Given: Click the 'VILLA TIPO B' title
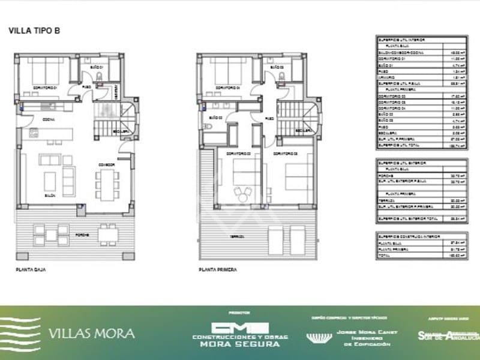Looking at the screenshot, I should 34,31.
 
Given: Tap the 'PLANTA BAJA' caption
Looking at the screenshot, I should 31,270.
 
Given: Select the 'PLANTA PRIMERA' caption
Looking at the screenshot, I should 218,270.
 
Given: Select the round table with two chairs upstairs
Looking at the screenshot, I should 243,193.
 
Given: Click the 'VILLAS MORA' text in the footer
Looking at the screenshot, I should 91,334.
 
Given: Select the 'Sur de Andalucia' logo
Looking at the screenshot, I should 447,335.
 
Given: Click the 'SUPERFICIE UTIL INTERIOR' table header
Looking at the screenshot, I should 401,40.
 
